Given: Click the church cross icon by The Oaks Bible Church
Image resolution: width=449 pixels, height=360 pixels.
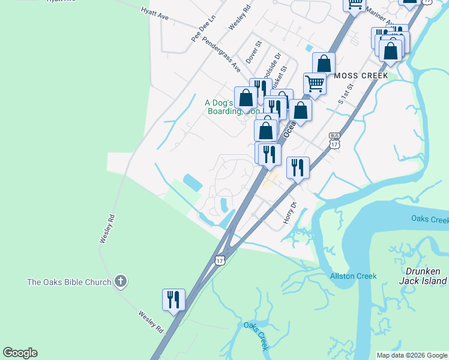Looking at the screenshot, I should pyautogui.click(x=121, y=281).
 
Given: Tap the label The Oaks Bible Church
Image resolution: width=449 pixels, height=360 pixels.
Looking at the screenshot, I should pyautogui.click(x=70, y=282).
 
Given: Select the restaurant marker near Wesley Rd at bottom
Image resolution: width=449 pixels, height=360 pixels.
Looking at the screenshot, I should pyautogui.click(x=173, y=299).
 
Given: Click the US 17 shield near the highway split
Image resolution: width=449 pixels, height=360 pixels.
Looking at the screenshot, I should pyautogui.click(x=220, y=260).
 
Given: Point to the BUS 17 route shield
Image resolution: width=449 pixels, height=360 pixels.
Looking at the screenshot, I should pyautogui.click(x=334, y=142).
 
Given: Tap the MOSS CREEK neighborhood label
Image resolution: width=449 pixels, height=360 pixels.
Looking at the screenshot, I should pyautogui.click(x=361, y=76).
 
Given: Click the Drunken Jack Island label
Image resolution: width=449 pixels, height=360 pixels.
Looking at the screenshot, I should pyautogui.click(x=425, y=276).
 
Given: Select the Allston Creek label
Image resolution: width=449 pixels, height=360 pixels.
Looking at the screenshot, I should pyautogui.click(x=354, y=276).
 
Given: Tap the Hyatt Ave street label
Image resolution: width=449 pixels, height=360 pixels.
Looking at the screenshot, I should pyautogui.click(x=155, y=14).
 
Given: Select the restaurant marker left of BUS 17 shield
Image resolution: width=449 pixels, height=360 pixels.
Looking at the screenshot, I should pyautogui.click(x=298, y=167).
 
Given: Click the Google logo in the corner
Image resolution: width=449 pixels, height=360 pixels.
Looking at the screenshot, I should pyautogui.click(x=20, y=353).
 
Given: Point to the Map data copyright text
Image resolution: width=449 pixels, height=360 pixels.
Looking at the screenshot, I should pyautogui.click(x=412, y=355).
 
